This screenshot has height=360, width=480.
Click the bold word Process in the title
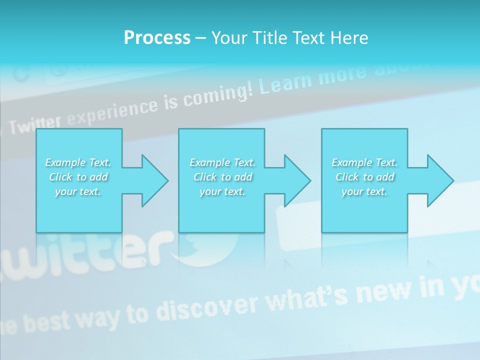[157, 38]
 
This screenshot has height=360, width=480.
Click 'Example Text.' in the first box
[78, 162]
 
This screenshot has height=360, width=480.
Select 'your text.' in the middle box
[222, 191]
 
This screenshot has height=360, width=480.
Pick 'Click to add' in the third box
[365, 177]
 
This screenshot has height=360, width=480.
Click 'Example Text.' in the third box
[365, 162]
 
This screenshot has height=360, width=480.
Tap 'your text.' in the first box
[78, 191]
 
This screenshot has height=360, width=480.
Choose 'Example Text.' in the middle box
[222, 162]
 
